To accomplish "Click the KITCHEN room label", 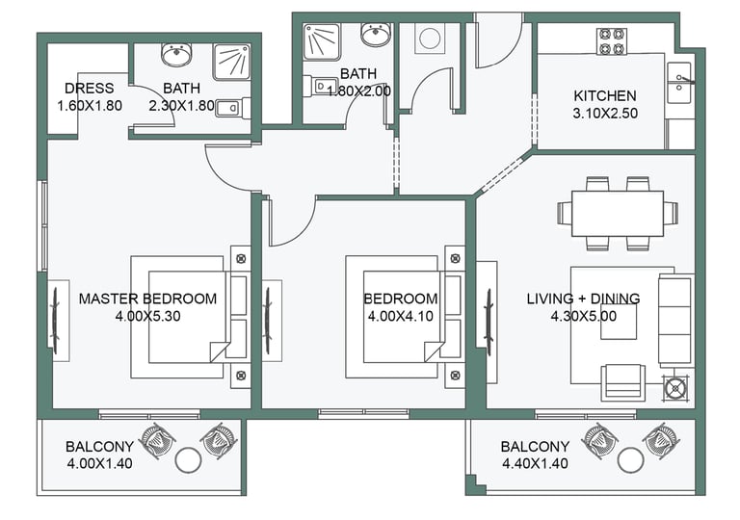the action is point(604,95).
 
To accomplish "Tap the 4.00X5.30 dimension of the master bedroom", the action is point(147,316).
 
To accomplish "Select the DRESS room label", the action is point(90,89).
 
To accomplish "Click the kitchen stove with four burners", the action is point(611,41).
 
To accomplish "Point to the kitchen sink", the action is point(679,83).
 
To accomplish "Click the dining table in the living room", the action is point(618,213).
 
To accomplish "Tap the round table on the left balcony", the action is point(188,459).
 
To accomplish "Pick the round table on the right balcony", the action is point(630,459).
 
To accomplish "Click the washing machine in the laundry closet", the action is point(430,38).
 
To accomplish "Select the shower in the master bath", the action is point(231,63).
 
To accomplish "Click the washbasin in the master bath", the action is point(176,55).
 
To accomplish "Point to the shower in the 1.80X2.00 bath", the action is point(322,42).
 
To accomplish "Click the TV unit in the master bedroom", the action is point(59,321).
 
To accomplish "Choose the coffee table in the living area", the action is point(619,322).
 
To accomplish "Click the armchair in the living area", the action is point(623,382).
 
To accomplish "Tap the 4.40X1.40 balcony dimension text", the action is point(535,463).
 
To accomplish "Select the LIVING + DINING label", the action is point(583,299).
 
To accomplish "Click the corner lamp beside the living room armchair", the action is point(675,388).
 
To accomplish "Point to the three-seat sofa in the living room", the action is point(675,321).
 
